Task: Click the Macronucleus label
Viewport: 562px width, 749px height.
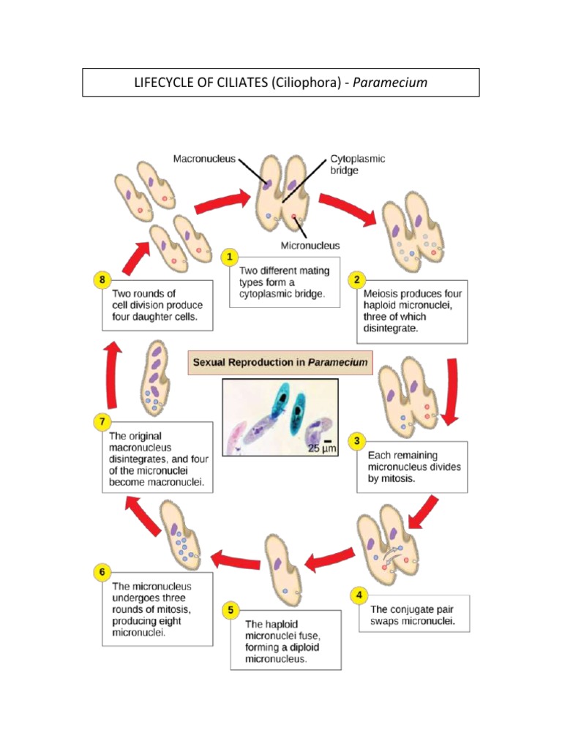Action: point(204,158)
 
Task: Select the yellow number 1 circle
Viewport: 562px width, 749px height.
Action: point(230,257)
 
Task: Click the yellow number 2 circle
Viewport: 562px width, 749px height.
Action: point(356,279)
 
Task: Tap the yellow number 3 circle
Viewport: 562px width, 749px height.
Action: point(356,440)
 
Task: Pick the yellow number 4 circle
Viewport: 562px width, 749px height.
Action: point(358,595)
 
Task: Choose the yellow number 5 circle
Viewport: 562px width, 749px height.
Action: point(230,609)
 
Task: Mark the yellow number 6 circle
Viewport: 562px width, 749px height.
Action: point(102,572)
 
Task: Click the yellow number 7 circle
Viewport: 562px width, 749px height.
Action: point(102,421)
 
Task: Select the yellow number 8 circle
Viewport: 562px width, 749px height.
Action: point(102,279)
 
